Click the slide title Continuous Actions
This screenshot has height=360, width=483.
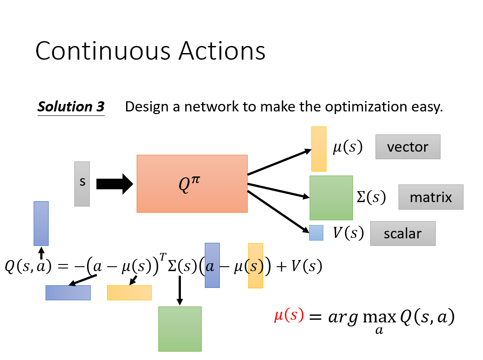[x=150, y=51]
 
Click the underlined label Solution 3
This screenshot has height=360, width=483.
[x=71, y=107]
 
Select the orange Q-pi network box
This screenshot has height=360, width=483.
[x=192, y=184]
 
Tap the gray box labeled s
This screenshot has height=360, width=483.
[x=82, y=184]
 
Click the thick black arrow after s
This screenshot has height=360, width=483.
[x=114, y=184]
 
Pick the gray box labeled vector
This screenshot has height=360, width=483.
[x=408, y=147]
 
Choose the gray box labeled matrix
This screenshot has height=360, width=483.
[x=431, y=197]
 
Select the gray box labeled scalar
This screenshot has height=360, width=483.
[x=402, y=233]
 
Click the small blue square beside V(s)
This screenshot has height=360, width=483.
[x=316, y=233]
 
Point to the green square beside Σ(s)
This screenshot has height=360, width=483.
[x=331, y=198]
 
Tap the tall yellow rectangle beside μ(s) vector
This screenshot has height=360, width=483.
[x=319, y=149]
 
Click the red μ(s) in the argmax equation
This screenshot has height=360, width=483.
[x=289, y=315]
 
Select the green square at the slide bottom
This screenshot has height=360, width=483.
[x=180, y=329]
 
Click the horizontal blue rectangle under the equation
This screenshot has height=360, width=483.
[x=68, y=292]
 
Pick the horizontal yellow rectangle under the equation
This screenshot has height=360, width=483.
[x=129, y=292]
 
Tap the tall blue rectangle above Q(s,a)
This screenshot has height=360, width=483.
[x=41, y=223]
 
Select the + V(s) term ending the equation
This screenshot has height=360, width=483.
[x=299, y=266]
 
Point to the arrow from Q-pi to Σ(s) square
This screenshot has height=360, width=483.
[x=278, y=190]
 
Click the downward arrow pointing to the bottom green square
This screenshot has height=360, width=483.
[x=180, y=290]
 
